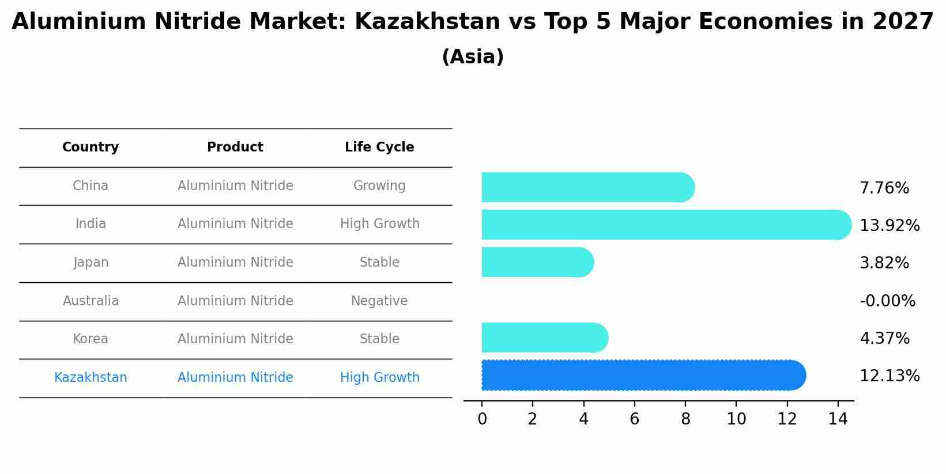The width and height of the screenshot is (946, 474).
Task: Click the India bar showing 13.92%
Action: point(666,225)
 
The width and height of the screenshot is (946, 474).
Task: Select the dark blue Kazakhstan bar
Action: point(643,375)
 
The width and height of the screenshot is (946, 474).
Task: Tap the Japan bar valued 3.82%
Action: point(537,262)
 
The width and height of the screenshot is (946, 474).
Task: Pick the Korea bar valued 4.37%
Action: point(544,338)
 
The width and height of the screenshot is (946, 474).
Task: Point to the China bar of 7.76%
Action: point(587,187)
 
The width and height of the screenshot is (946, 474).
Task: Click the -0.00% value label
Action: point(887,301)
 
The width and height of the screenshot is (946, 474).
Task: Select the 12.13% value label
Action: point(890,376)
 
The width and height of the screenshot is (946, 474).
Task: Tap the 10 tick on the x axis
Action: point(736,419)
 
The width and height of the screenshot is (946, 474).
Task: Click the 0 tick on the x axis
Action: point(482,419)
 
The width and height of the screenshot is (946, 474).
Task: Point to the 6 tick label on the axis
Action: point(634,419)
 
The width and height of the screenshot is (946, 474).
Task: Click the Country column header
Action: point(91,147)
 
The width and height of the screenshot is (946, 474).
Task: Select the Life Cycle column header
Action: point(379,147)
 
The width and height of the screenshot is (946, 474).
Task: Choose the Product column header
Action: point(235,147)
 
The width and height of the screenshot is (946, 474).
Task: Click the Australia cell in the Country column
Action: point(91,301)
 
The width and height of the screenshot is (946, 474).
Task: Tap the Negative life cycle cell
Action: point(379,301)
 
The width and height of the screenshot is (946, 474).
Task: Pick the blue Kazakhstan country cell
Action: point(91,378)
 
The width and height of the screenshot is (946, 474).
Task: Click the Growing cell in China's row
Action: point(379,186)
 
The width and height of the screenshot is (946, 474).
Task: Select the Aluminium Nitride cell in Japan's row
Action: point(235,263)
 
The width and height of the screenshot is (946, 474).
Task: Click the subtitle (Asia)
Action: point(473,57)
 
